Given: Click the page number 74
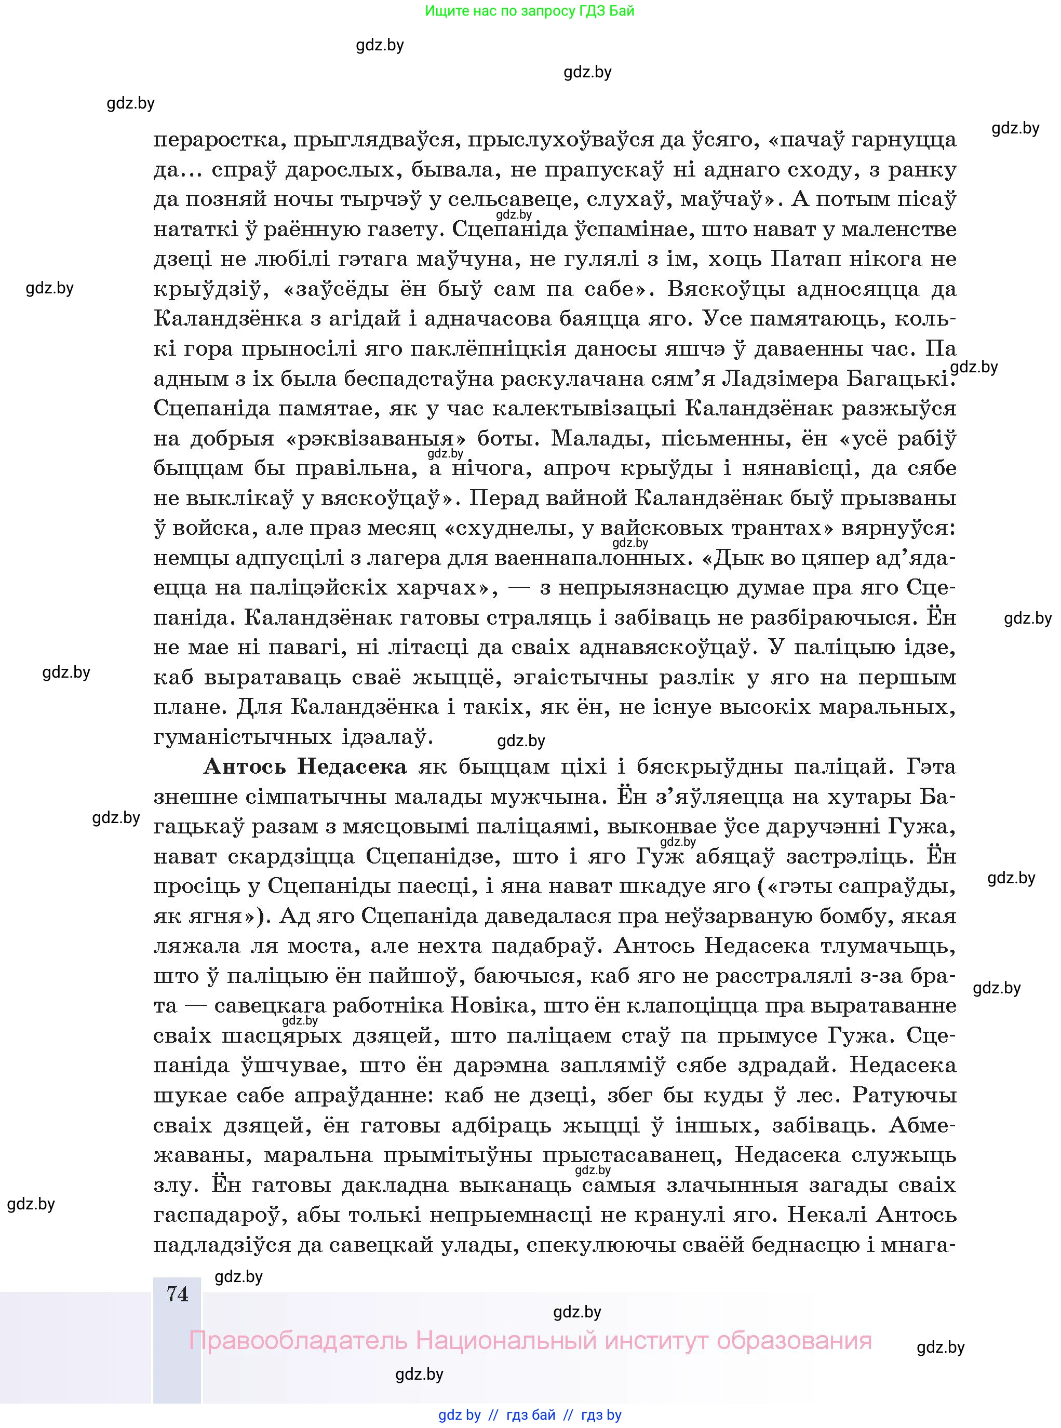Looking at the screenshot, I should coord(177,1293).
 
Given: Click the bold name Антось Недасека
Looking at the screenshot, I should coord(305,766).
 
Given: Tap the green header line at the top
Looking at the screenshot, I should coord(530,11).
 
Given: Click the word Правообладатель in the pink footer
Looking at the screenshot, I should coord(298,1341).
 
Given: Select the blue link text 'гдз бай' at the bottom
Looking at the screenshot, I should coord(531,1414).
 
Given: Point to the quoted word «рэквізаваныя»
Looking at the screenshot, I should coord(374,439).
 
